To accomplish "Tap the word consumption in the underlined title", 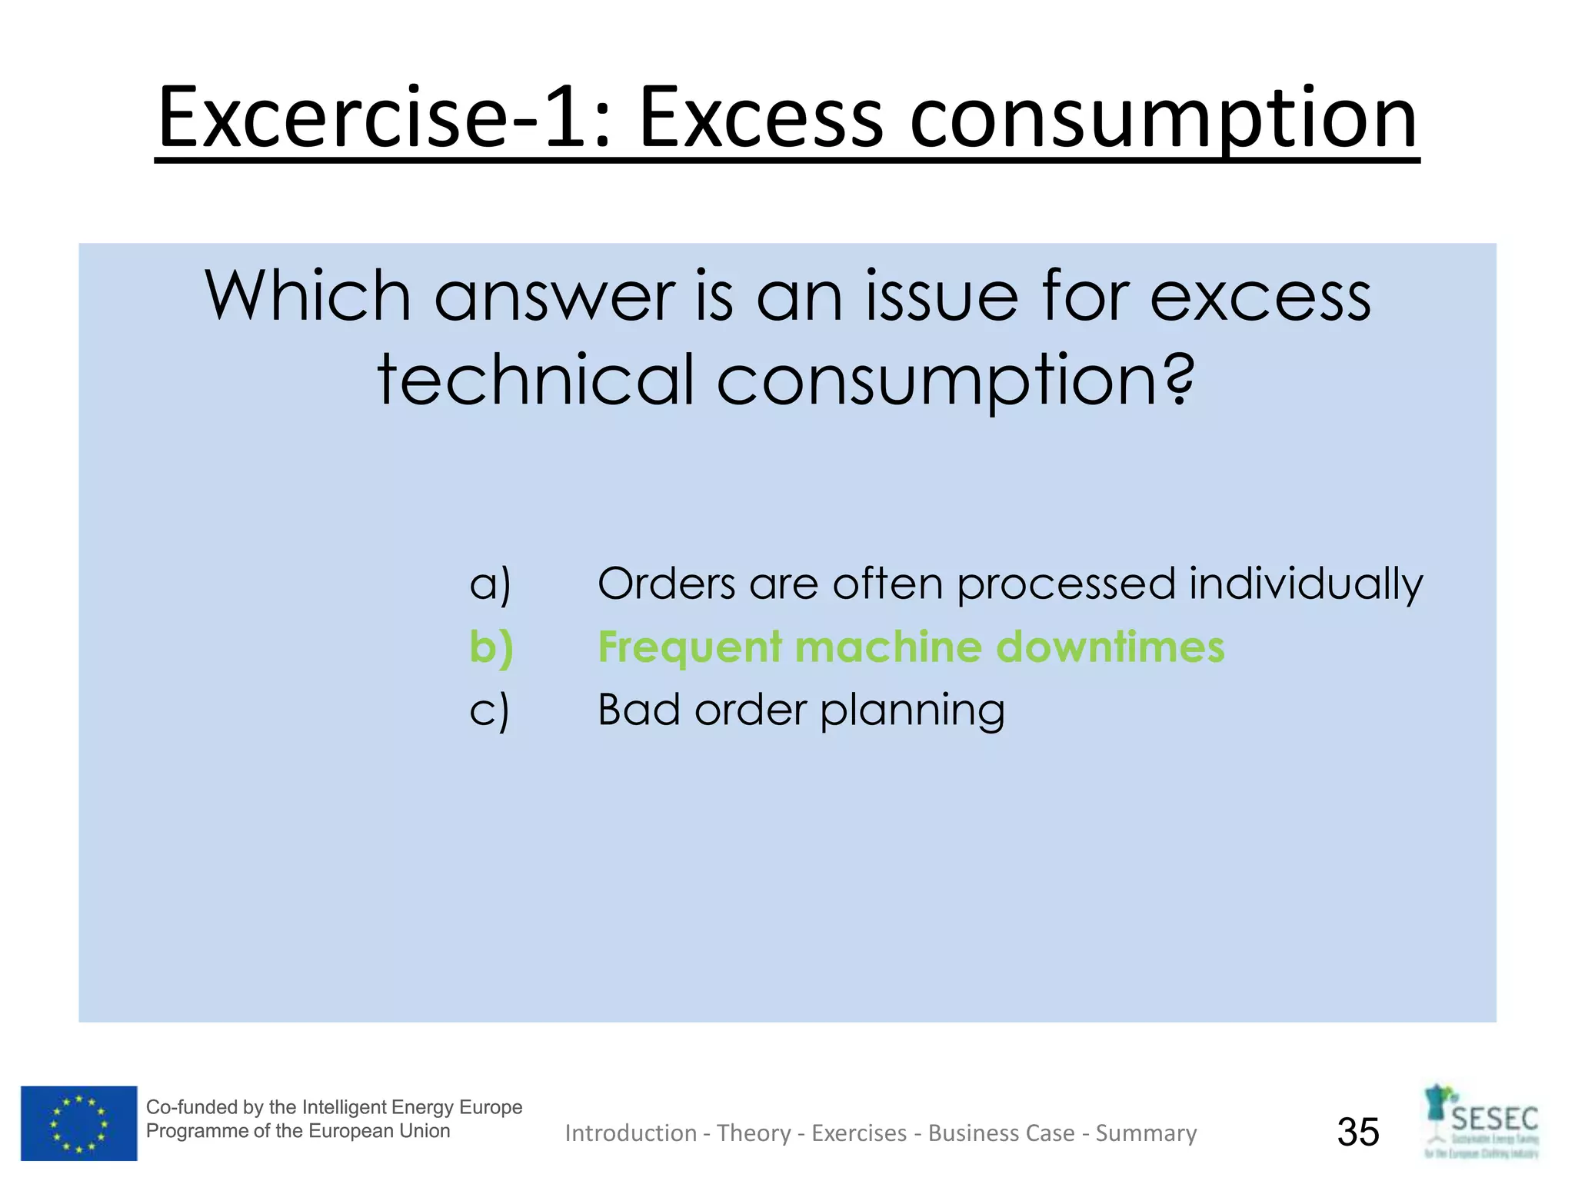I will point(1163,119).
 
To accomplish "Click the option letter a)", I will point(490,584).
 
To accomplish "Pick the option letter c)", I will point(490,710).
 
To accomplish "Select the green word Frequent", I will point(690,647).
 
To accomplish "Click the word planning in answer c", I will point(912,710).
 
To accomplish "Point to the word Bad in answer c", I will point(638,710).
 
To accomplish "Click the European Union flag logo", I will point(78,1123).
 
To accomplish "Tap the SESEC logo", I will point(1482,1122).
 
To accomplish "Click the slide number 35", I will point(1358,1132).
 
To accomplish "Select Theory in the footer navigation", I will point(754,1133).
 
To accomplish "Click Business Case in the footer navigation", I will point(1001,1133).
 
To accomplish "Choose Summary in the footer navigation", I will point(1146,1133).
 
